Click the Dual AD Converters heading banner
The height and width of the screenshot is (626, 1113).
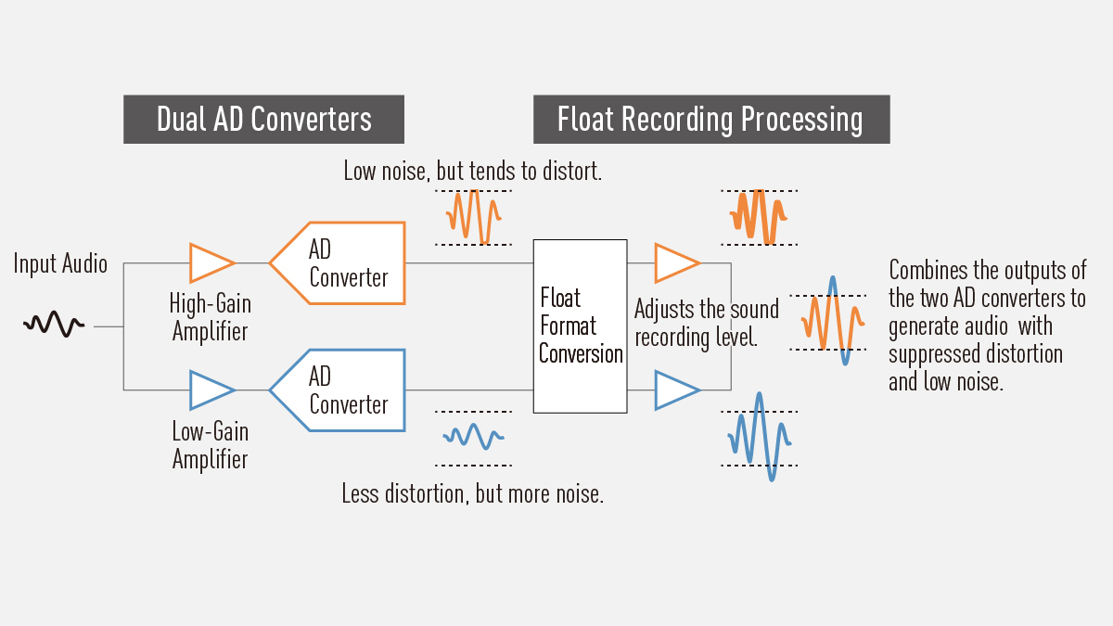pos(263,120)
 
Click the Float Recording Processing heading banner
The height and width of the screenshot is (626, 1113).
pos(710,120)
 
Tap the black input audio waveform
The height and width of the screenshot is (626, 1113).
pos(54,324)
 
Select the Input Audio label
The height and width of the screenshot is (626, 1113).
pos(60,264)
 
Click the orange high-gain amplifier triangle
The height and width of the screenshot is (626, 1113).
pos(210,262)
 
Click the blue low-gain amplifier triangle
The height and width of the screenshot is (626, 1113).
pos(210,390)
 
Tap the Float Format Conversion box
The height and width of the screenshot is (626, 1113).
pos(580,326)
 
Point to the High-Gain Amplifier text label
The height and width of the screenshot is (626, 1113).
pos(210,317)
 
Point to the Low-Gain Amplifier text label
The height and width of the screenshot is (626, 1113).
pos(210,445)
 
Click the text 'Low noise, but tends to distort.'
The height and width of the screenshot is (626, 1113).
pos(473,171)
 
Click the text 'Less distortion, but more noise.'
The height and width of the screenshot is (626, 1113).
pos(472,493)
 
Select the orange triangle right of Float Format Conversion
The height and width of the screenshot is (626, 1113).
pos(675,262)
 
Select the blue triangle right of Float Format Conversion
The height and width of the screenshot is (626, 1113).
pos(675,390)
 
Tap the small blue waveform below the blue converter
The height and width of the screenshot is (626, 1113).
pos(473,435)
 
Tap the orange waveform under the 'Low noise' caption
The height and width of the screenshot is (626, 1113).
pos(473,217)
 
